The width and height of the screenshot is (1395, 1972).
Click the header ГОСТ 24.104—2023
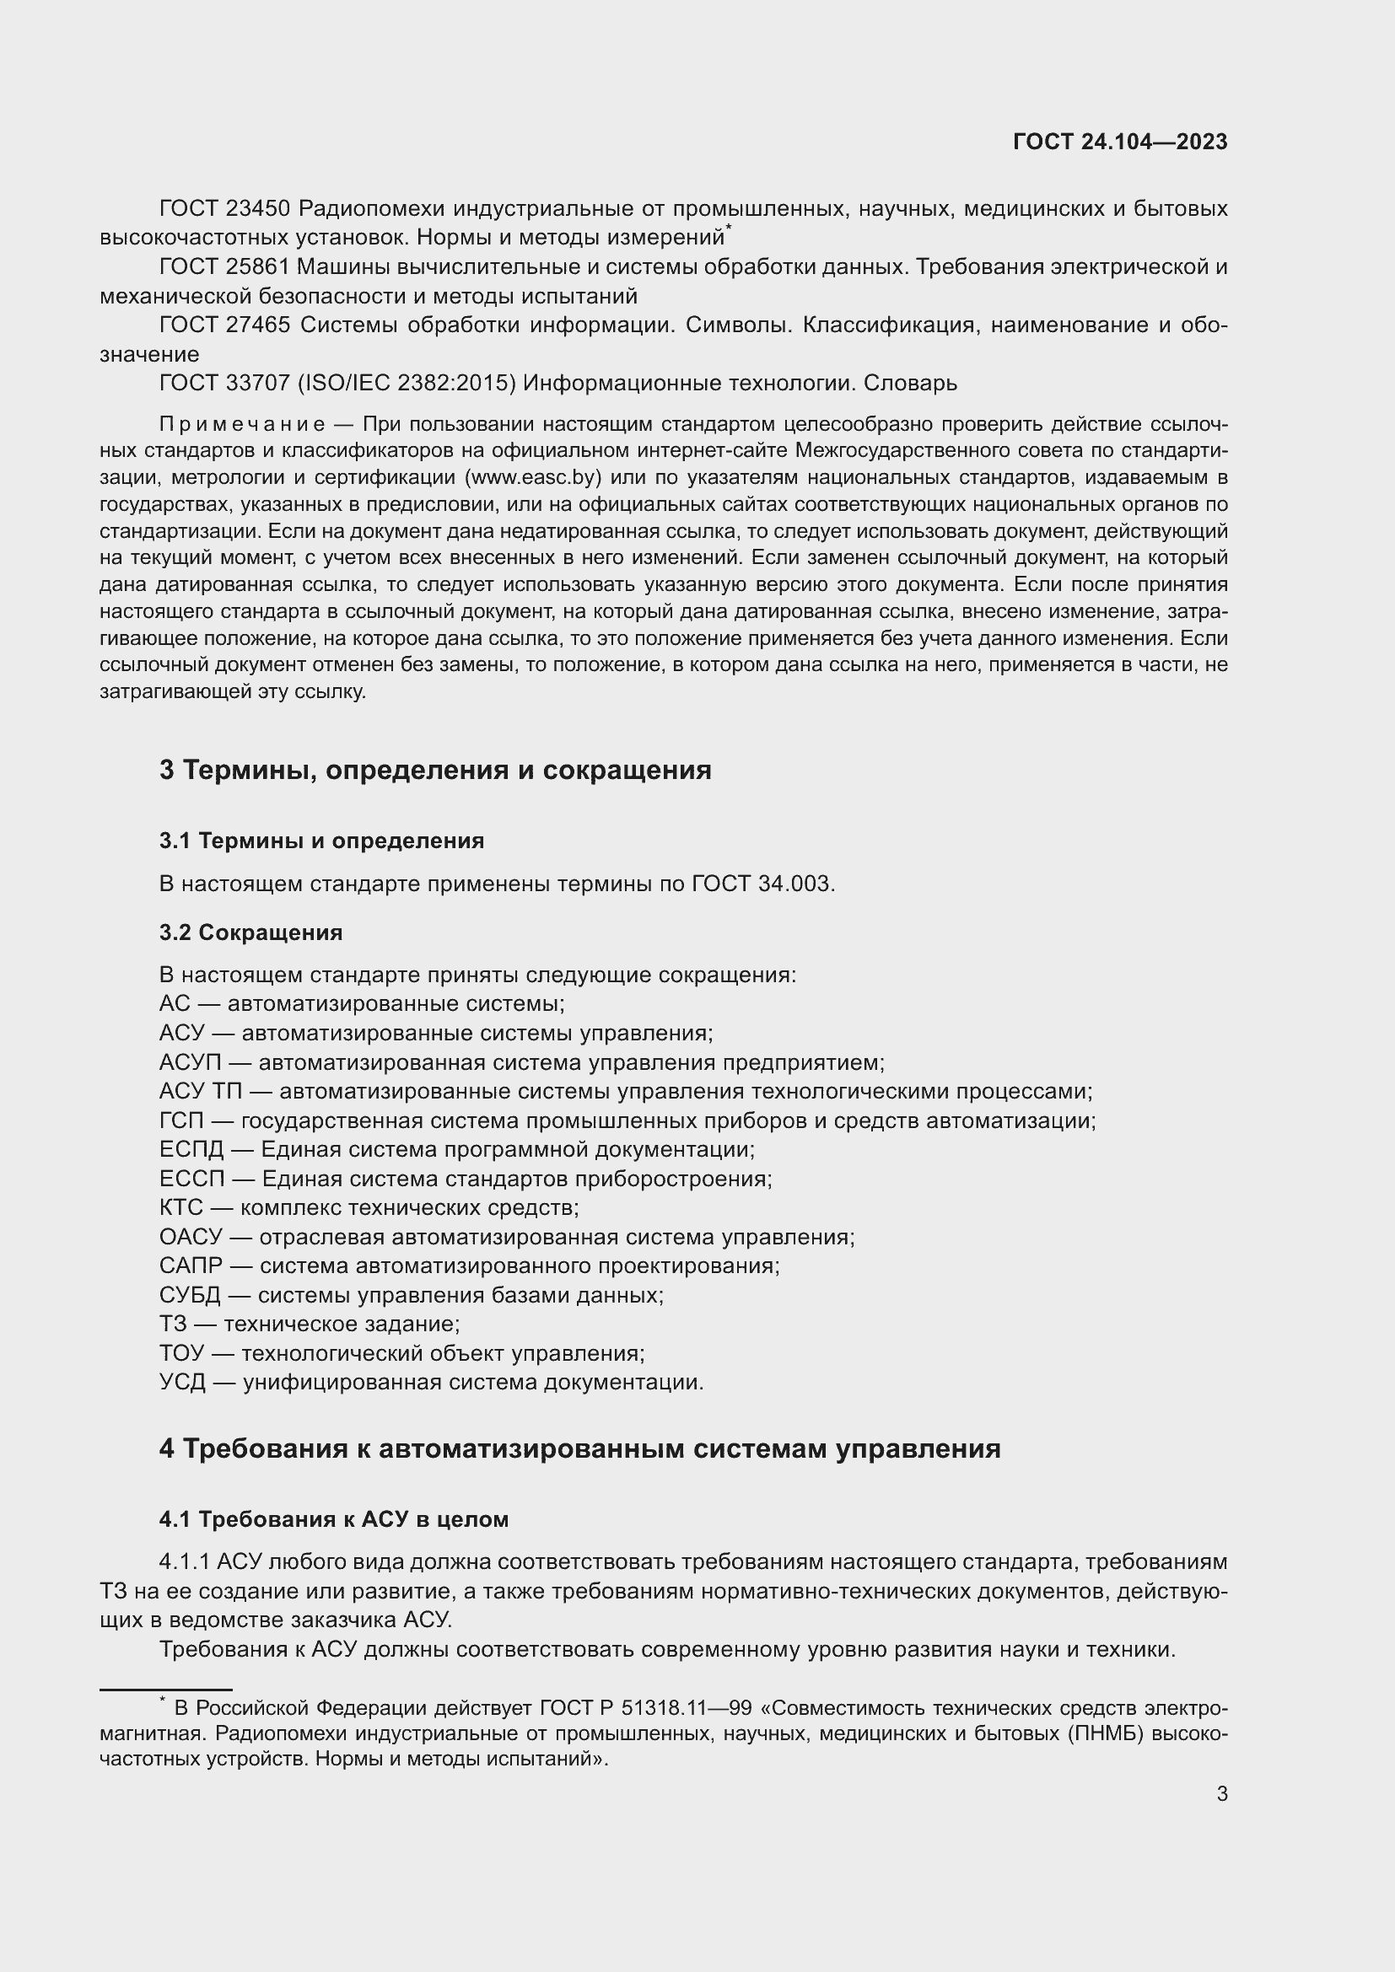[1120, 142]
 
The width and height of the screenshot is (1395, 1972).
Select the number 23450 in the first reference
[259, 209]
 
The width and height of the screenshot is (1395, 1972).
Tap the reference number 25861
[259, 267]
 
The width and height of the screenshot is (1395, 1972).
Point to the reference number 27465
[259, 325]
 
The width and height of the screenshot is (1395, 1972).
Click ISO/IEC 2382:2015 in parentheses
[407, 383]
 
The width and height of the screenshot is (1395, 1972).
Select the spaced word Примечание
[241, 424]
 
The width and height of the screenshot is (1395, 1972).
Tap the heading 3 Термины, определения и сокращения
[434, 770]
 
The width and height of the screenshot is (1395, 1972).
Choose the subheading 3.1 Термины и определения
[321, 841]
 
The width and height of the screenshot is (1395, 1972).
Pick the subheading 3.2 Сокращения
[250, 932]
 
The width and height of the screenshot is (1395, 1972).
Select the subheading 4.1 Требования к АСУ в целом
[333, 1519]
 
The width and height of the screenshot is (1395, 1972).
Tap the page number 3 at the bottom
[1221, 1794]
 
